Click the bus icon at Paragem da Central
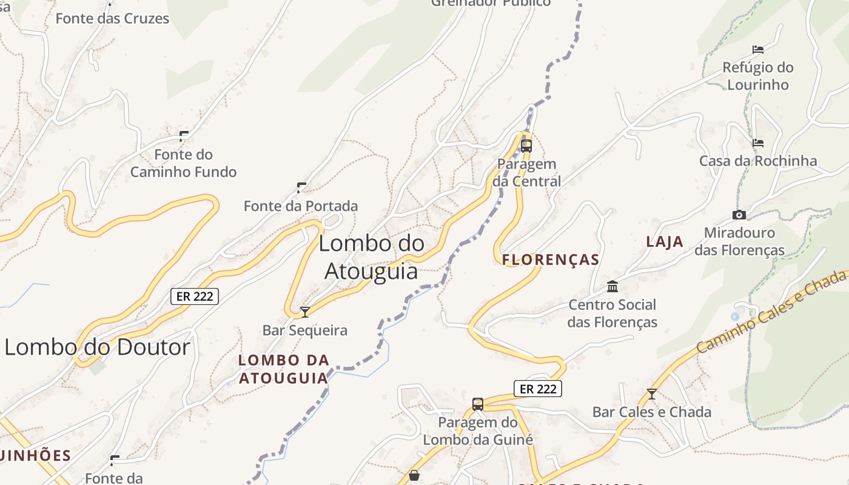[526, 145]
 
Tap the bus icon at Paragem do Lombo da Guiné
[478, 404]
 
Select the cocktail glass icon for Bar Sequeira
[305, 312]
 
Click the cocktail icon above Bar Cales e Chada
[652, 394]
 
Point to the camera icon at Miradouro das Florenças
[739, 215]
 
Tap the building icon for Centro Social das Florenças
[612, 286]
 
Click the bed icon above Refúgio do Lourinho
[757, 49]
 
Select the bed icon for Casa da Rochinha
[757, 143]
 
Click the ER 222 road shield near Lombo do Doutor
[194, 296]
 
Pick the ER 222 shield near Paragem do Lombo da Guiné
[538, 389]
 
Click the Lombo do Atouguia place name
[371, 257]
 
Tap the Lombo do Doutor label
[97, 347]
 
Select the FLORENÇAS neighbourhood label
[551, 260]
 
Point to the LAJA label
[665, 241]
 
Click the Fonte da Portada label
[301, 206]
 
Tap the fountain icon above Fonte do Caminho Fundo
[184, 136]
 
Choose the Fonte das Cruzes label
[112, 18]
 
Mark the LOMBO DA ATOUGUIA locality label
[283, 369]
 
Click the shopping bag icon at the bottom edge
[414, 475]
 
